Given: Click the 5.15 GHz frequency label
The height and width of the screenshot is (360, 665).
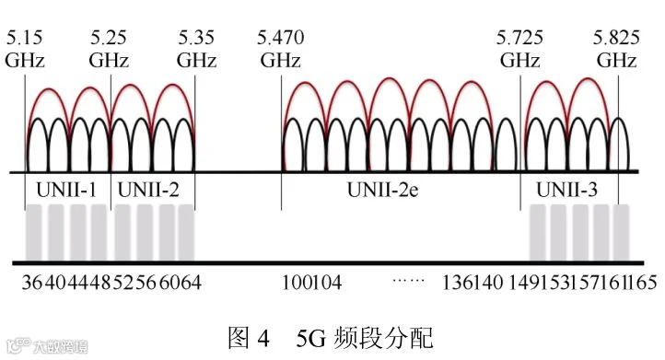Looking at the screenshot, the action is [25, 49].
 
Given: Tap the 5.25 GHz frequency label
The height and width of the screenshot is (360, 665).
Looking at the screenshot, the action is [109, 49].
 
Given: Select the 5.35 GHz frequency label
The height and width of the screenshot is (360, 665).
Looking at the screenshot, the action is [196, 49].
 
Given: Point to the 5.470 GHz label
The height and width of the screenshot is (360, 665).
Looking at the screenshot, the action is [280, 49].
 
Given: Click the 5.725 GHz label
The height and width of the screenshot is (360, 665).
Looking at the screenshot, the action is [519, 49].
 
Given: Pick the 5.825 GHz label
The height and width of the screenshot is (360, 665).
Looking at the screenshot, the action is [616, 49].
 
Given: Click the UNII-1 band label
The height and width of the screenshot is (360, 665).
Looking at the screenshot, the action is [66, 190].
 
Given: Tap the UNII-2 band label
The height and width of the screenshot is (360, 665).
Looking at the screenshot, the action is [148, 190].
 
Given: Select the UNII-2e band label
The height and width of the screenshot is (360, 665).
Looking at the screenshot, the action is [382, 190].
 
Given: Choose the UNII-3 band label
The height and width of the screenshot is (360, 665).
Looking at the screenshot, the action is [566, 190].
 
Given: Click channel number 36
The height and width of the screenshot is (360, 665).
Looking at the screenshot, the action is [32, 283].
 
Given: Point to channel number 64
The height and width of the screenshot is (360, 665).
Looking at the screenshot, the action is [191, 283].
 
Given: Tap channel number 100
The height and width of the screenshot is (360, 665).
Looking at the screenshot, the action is [297, 283].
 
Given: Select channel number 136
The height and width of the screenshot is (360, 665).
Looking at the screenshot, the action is [457, 283].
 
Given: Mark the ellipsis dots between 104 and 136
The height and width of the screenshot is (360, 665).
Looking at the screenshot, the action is [408, 280].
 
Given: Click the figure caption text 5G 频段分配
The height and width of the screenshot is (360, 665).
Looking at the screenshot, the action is [365, 338].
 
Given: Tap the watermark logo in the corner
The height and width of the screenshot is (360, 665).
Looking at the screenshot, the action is [47, 346].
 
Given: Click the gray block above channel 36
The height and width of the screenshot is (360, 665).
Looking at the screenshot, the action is [34, 232].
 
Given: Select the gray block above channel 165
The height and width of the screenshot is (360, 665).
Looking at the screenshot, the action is [622, 232].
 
